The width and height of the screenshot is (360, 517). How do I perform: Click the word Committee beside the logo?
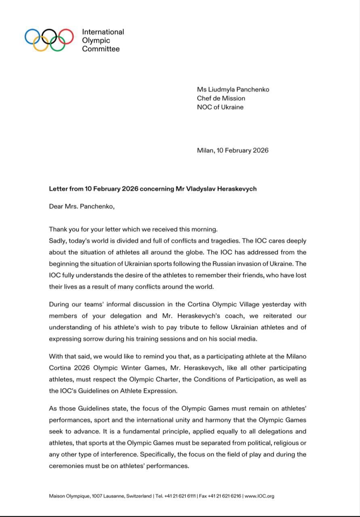click(101, 49)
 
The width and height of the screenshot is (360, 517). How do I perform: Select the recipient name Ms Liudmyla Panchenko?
click(233, 89)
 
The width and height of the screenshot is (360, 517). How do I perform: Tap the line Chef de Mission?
click(221, 98)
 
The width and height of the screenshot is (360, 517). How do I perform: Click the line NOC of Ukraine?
click(220, 107)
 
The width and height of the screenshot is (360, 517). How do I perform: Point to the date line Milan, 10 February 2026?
click(233, 150)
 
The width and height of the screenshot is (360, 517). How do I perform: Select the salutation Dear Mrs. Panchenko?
click(82, 206)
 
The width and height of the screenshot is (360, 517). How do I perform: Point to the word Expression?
click(160, 391)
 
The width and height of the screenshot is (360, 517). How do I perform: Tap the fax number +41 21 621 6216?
click(225, 496)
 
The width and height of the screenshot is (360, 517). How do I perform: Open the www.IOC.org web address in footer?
click(259, 496)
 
